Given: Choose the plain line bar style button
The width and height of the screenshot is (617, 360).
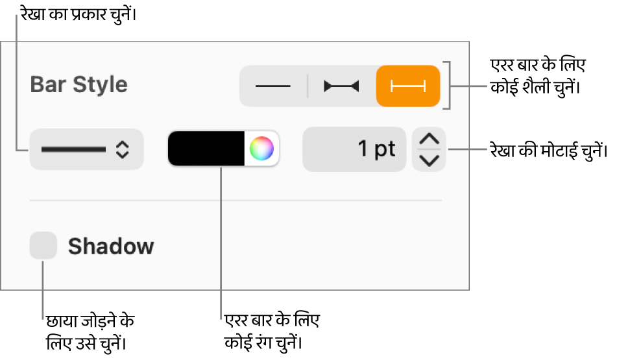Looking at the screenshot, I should pos(272,86).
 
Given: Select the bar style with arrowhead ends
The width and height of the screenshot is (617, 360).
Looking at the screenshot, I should pos(341,86).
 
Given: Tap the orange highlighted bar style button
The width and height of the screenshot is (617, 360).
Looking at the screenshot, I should pos(408,86).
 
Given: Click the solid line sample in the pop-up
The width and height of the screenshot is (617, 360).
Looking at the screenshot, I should pos(73,150).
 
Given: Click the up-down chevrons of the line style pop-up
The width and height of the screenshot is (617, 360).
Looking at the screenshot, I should pos(122,150).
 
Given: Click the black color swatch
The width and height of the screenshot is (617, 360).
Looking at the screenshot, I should pos(206,149).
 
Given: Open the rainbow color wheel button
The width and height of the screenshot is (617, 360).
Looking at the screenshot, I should pos(261,149).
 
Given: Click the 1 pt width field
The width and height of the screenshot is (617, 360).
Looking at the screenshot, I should pos(354,150).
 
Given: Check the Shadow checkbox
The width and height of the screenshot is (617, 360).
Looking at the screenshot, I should pos(43,246).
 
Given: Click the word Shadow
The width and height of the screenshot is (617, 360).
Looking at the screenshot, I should pos(111,246).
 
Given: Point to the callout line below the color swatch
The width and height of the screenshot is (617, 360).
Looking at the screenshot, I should pos(221,243).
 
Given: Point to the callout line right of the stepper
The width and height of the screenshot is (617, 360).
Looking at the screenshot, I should pos(467,150).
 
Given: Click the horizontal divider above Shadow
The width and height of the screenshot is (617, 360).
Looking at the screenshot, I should pos(236,200).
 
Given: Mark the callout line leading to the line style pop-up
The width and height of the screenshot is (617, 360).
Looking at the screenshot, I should pos(17,84).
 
